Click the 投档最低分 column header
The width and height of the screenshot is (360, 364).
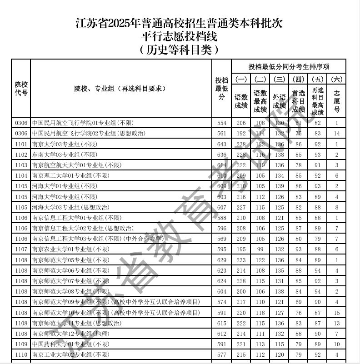pos(221,89)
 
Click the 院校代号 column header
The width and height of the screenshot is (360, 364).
pos(21,89)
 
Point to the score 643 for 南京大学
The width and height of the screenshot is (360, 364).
pos(221,145)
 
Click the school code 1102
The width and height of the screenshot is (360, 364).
pos(21,155)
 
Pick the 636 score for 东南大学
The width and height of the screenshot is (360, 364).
pos(221,155)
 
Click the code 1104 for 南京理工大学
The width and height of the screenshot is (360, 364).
pos(21,176)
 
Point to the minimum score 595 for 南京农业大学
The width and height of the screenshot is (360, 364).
pos(221,249)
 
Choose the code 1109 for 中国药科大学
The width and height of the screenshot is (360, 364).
pos(21,344)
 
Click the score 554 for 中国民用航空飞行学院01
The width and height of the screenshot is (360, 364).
pos(221,123)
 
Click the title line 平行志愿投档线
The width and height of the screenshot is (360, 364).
pos(180,37)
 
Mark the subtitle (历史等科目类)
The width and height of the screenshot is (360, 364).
pos(180,50)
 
